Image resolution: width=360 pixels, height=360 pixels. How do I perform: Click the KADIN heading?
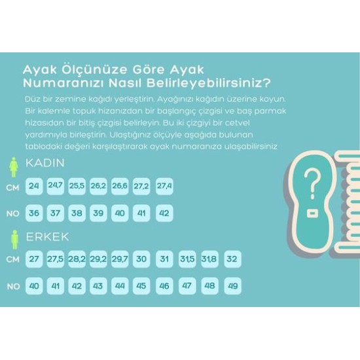pyautogui.click(x=45, y=164)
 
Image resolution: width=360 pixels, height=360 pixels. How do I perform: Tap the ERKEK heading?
pyautogui.click(x=46, y=236)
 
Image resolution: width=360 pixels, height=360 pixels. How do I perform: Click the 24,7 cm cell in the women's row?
pyautogui.click(x=56, y=187)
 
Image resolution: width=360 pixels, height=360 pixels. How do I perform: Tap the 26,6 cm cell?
pyautogui.click(x=120, y=187)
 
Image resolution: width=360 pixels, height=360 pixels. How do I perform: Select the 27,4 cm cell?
pyautogui.click(x=164, y=187)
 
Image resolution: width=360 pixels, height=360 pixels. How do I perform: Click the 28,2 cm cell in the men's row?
pyautogui.click(x=77, y=259)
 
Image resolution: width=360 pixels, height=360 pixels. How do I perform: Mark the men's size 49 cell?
pyautogui.click(x=231, y=286)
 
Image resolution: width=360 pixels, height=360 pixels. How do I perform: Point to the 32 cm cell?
pyautogui.click(x=231, y=259)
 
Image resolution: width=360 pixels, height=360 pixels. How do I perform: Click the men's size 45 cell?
pyautogui.click(x=141, y=286)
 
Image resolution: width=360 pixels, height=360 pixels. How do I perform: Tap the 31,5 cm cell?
pyautogui.click(x=187, y=259)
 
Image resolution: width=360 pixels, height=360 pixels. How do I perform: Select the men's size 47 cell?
pyautogui.click(x=187, y=286)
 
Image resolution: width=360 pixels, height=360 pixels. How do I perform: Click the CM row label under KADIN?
pyautogui.click(x=12, y=187)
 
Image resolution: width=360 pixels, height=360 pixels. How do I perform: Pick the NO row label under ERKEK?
pyautogui.click(x=12, y=286)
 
